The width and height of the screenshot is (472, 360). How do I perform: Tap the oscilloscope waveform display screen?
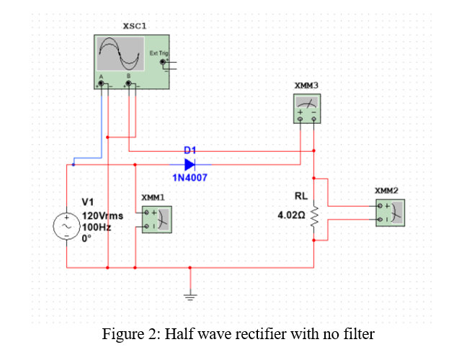(x=120, y=53)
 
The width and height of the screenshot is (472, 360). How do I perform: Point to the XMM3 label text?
(x=307, y=86)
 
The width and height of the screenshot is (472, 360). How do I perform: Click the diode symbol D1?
(x=190, y=164)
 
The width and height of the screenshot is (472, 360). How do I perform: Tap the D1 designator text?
(x=190, y=150)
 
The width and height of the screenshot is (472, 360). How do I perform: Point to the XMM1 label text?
(x=153, y=197)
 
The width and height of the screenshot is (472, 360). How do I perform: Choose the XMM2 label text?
(x=387, y=191)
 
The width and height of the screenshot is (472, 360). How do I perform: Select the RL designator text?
(x=300, y=196)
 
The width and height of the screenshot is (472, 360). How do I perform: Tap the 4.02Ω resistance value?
(x=292, y=215)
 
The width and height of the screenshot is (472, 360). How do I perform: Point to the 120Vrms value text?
(x=103, y=215)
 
